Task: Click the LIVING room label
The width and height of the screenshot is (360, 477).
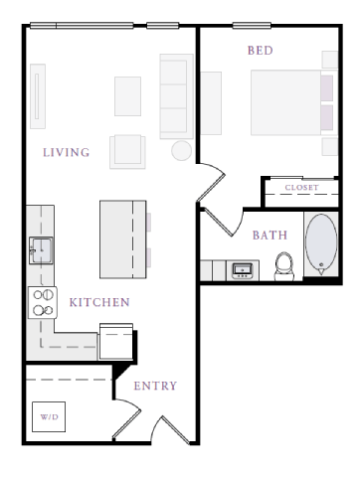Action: [x=67, y=153]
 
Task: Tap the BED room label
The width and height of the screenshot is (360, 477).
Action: [x=261, y=50]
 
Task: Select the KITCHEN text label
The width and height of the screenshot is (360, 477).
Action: [x=98, y=302]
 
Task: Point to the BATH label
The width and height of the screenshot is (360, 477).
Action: [x=270, y=236]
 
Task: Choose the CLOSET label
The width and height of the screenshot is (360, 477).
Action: [x=301, y=188]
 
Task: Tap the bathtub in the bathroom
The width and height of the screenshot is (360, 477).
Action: [x=321, y=244]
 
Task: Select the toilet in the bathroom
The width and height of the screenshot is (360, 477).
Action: [x=284, y=265]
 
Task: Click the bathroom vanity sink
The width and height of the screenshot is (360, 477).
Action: [x=241, y=269]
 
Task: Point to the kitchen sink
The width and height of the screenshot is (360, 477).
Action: [x=41, y=247]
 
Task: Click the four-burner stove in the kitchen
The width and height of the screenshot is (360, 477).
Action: [x=43, y=302]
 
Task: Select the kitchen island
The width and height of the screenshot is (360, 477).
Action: [x=122, y=239]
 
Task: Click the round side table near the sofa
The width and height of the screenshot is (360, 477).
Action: [x=182, y=151]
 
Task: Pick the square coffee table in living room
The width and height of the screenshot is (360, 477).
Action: [x=127, y=96]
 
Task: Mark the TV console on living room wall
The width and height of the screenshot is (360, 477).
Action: [x=38, y=96]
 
